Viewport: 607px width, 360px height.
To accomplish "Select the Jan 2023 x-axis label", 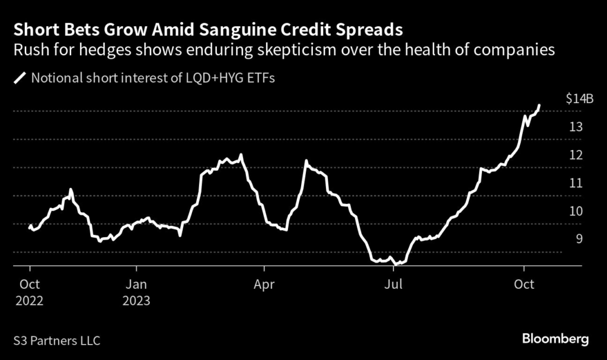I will coord(137,292).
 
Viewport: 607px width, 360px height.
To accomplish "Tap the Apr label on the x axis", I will coord(264,285).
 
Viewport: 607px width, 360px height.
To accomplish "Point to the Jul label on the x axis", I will coord(394,285).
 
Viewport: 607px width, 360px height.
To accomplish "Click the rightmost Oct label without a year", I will coord(524,285).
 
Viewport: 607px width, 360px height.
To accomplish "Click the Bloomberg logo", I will coord(555,339).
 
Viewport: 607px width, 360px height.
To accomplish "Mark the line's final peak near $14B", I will coord(539,106).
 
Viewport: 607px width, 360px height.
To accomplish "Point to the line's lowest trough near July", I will coord(395,263).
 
